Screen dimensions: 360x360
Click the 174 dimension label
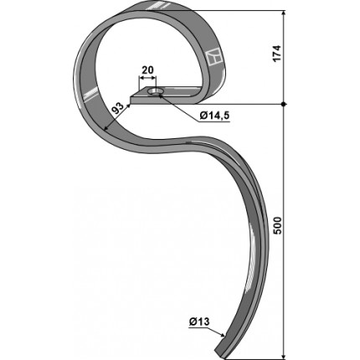point(276,54)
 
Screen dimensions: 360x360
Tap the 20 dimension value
point(147,70)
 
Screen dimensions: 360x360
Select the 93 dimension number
point(118,109)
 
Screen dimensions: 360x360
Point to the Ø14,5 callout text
point(215,116)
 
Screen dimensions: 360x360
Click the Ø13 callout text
point(198,322)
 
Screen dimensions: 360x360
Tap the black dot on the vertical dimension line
point(284,104)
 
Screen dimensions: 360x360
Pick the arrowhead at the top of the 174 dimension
point(284,13)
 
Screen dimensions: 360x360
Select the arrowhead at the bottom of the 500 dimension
point(284,357)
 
